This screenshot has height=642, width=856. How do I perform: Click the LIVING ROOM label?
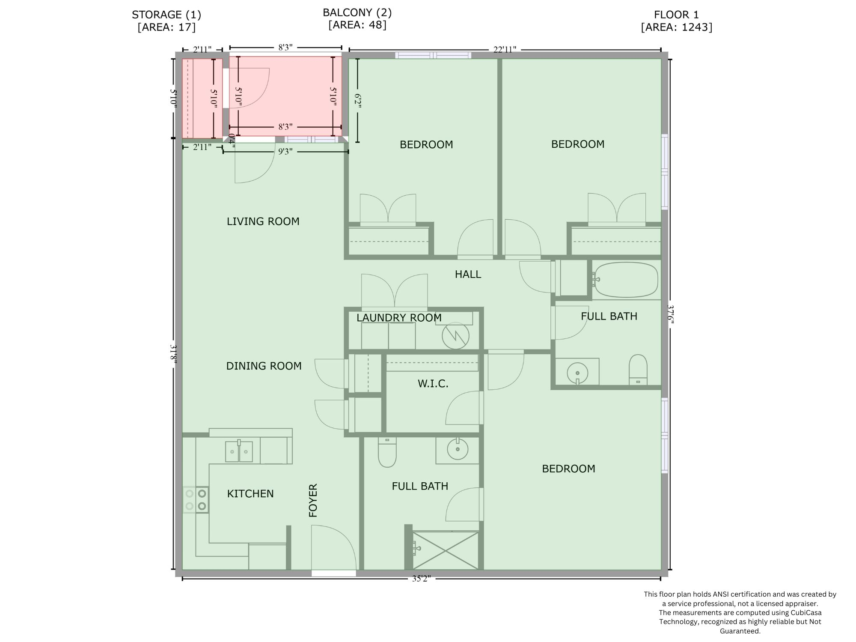(263, 221)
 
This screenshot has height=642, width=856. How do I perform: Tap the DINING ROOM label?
(264, 366)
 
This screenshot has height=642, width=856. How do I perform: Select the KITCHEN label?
(250, 493)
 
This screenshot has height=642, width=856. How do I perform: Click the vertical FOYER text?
(313, 500)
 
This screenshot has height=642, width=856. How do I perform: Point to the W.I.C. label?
(433, 383)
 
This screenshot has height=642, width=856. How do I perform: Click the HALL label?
(468, 274)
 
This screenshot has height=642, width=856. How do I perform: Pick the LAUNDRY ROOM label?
(398, 318)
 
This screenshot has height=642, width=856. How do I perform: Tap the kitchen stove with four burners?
(196, 500)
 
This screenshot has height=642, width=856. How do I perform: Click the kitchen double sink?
(239, 451)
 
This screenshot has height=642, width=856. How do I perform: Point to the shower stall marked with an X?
(445, 550)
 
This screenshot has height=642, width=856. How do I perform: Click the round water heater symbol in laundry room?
(456, 335)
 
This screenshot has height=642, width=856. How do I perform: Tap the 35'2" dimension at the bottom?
(421, 579)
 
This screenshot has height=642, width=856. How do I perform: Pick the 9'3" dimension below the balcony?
(285, 151)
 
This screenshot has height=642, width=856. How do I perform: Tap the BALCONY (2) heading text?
(357, 12)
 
